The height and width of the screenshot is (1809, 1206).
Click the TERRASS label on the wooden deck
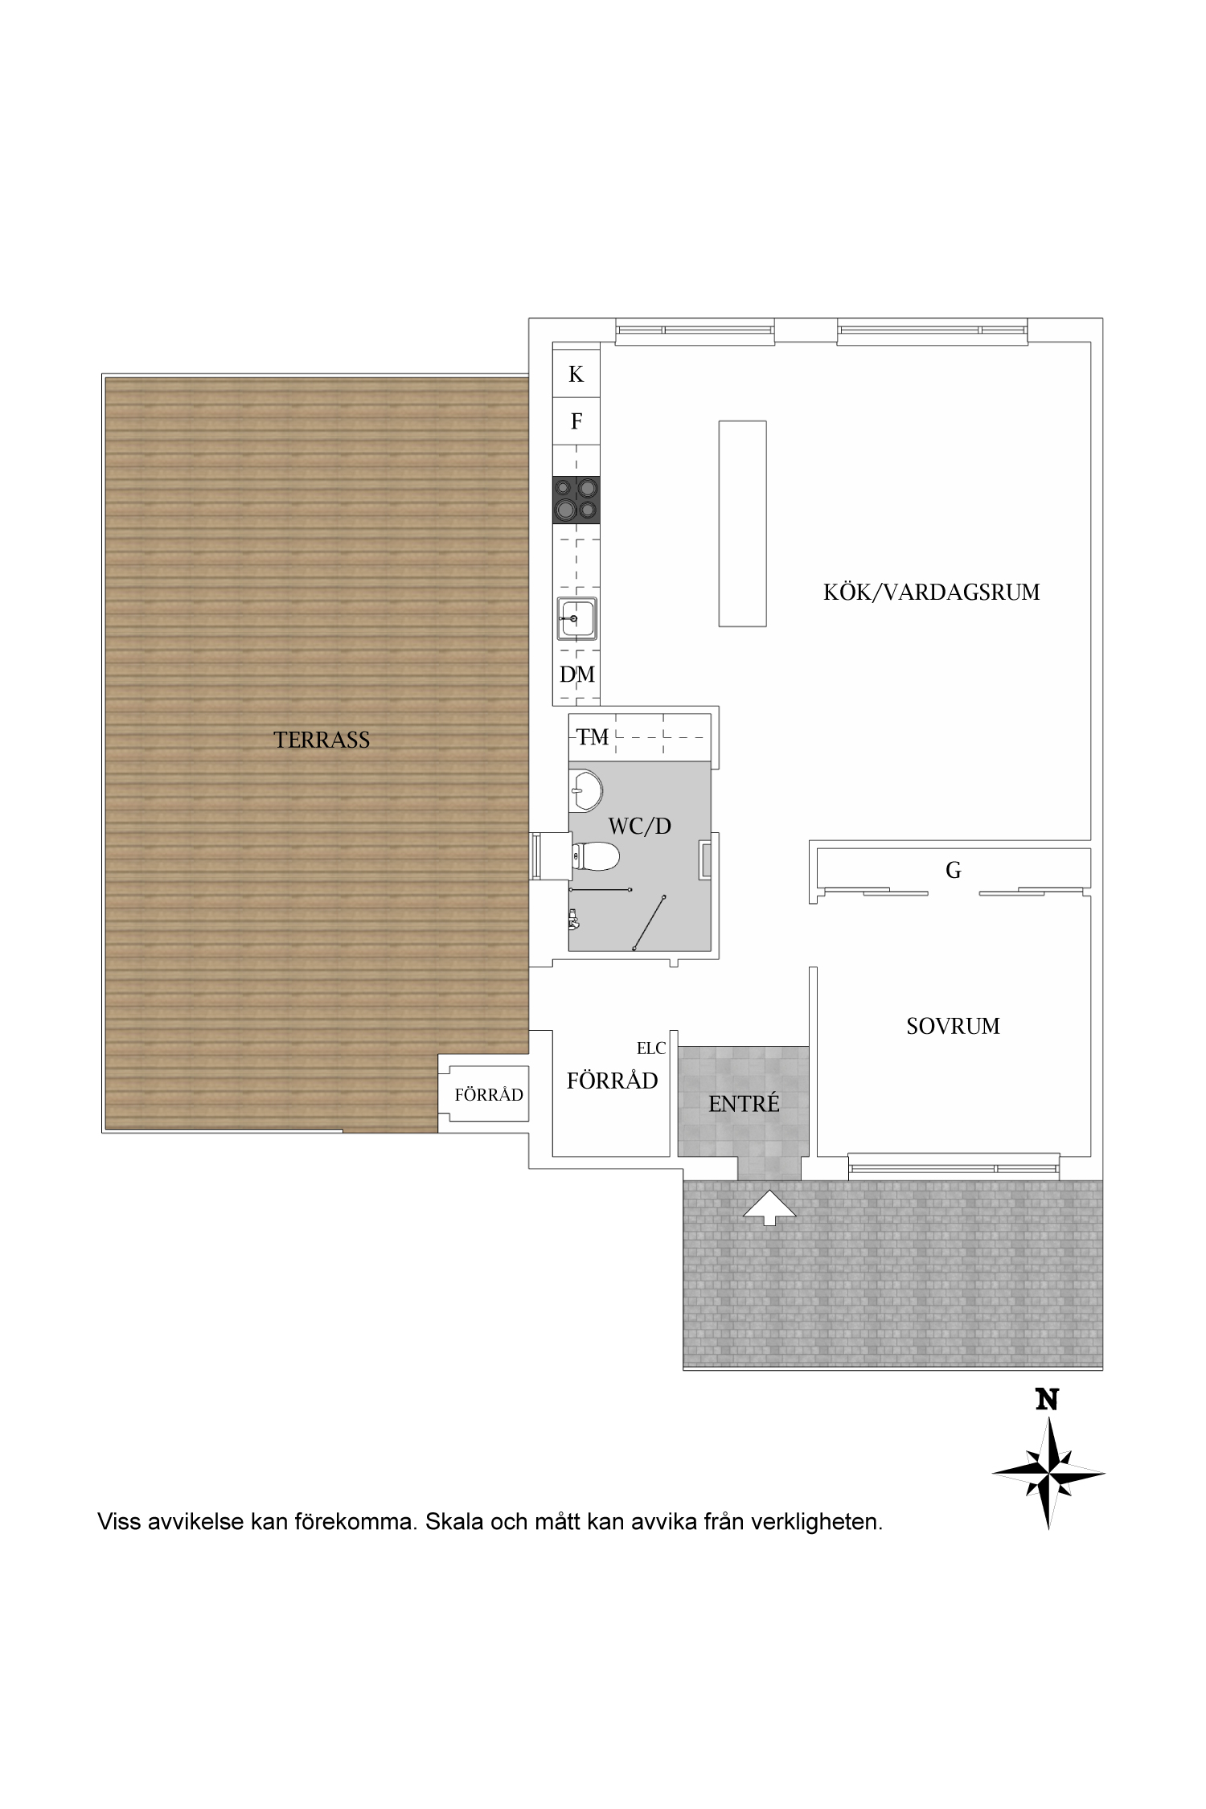[x=322, y=740]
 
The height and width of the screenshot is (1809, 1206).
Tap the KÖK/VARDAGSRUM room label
[x=932, y=593]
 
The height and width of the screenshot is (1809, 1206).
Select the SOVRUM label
[x=953, y=1026]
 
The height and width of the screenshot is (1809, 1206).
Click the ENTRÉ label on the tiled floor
[x=744, y=1104]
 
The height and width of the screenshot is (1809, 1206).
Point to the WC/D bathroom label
[x=639, y=826]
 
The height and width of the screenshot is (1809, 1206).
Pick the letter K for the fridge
[x=576, y=374]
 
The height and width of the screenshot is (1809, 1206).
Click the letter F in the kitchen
[x=576, y=421]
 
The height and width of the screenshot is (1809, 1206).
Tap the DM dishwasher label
[x=577, y=675]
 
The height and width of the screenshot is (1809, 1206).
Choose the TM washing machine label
[x=593, y=737]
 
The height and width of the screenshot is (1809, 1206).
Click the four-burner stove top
[x=576, y=499]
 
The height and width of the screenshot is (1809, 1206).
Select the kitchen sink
[x=576, y=618]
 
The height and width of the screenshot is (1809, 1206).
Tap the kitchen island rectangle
[x=742, y=523]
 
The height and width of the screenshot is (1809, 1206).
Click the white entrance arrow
[x=769, y=1207]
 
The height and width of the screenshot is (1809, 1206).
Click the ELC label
[x=651, y=1048]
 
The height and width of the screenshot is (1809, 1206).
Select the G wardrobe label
[x=954, y=870]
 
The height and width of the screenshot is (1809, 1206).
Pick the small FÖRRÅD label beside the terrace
[x=489, y=1094]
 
